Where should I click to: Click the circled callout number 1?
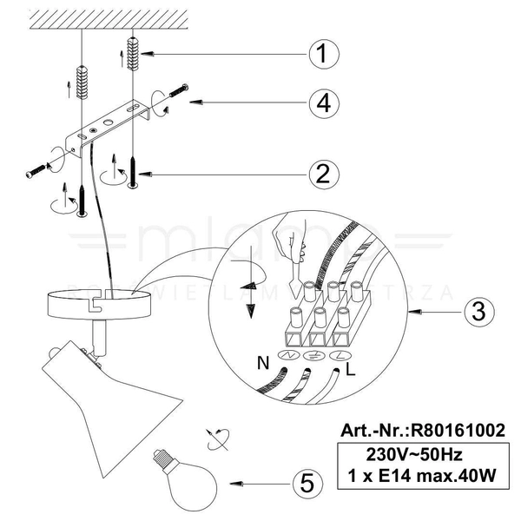[322, 54]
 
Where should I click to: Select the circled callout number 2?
[322, 175]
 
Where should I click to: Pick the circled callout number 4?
[322, 102]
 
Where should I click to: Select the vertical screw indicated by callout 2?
[133, 168]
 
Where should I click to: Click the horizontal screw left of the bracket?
[43, 168]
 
